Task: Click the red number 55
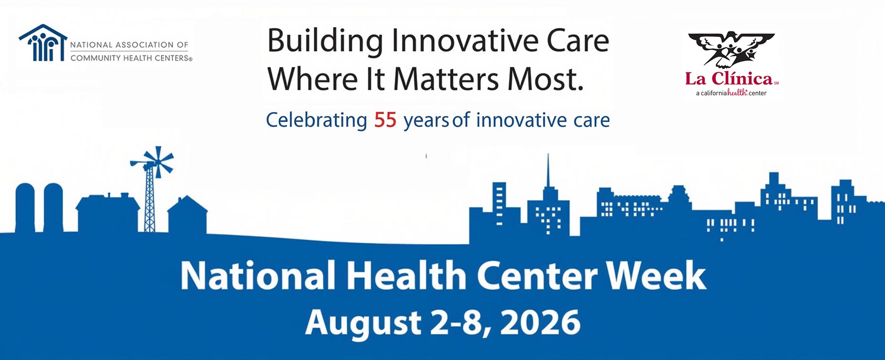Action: (x=385, y=120)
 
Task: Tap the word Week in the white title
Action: (x=656, y=275)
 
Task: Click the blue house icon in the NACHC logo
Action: (x=43, y=43)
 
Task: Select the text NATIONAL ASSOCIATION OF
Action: (x=129, y=45)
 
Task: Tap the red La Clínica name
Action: (x=729, y=79)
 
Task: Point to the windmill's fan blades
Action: (x=158, y=161)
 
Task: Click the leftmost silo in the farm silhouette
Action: (x=25, y=207)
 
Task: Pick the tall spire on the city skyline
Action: (x=548, y=170)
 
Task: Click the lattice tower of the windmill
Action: (x=149, y=202)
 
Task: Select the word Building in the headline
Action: (x=325, y=41)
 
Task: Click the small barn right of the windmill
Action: (x=187, y=214)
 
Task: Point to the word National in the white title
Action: (x=258, y=275)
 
